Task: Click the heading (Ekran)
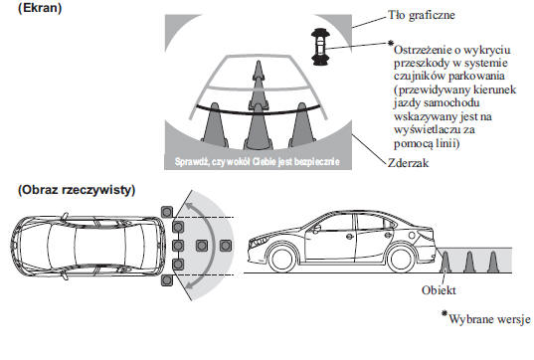[40, 8]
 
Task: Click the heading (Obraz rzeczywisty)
[77, 190]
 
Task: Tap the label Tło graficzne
[422, 15]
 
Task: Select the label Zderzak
[408, 163]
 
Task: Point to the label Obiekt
[439, 290]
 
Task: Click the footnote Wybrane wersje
[486, 318]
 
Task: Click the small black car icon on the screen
[320, 47]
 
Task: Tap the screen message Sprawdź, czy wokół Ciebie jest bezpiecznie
[258, 161]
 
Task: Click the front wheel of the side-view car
[280, 259]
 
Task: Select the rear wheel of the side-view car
[400, 259]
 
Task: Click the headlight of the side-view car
[258, 242]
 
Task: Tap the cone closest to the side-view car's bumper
[445, 262]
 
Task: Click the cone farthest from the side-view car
[493, 262]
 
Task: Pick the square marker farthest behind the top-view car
[226, 246]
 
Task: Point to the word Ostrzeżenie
[422, 50]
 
